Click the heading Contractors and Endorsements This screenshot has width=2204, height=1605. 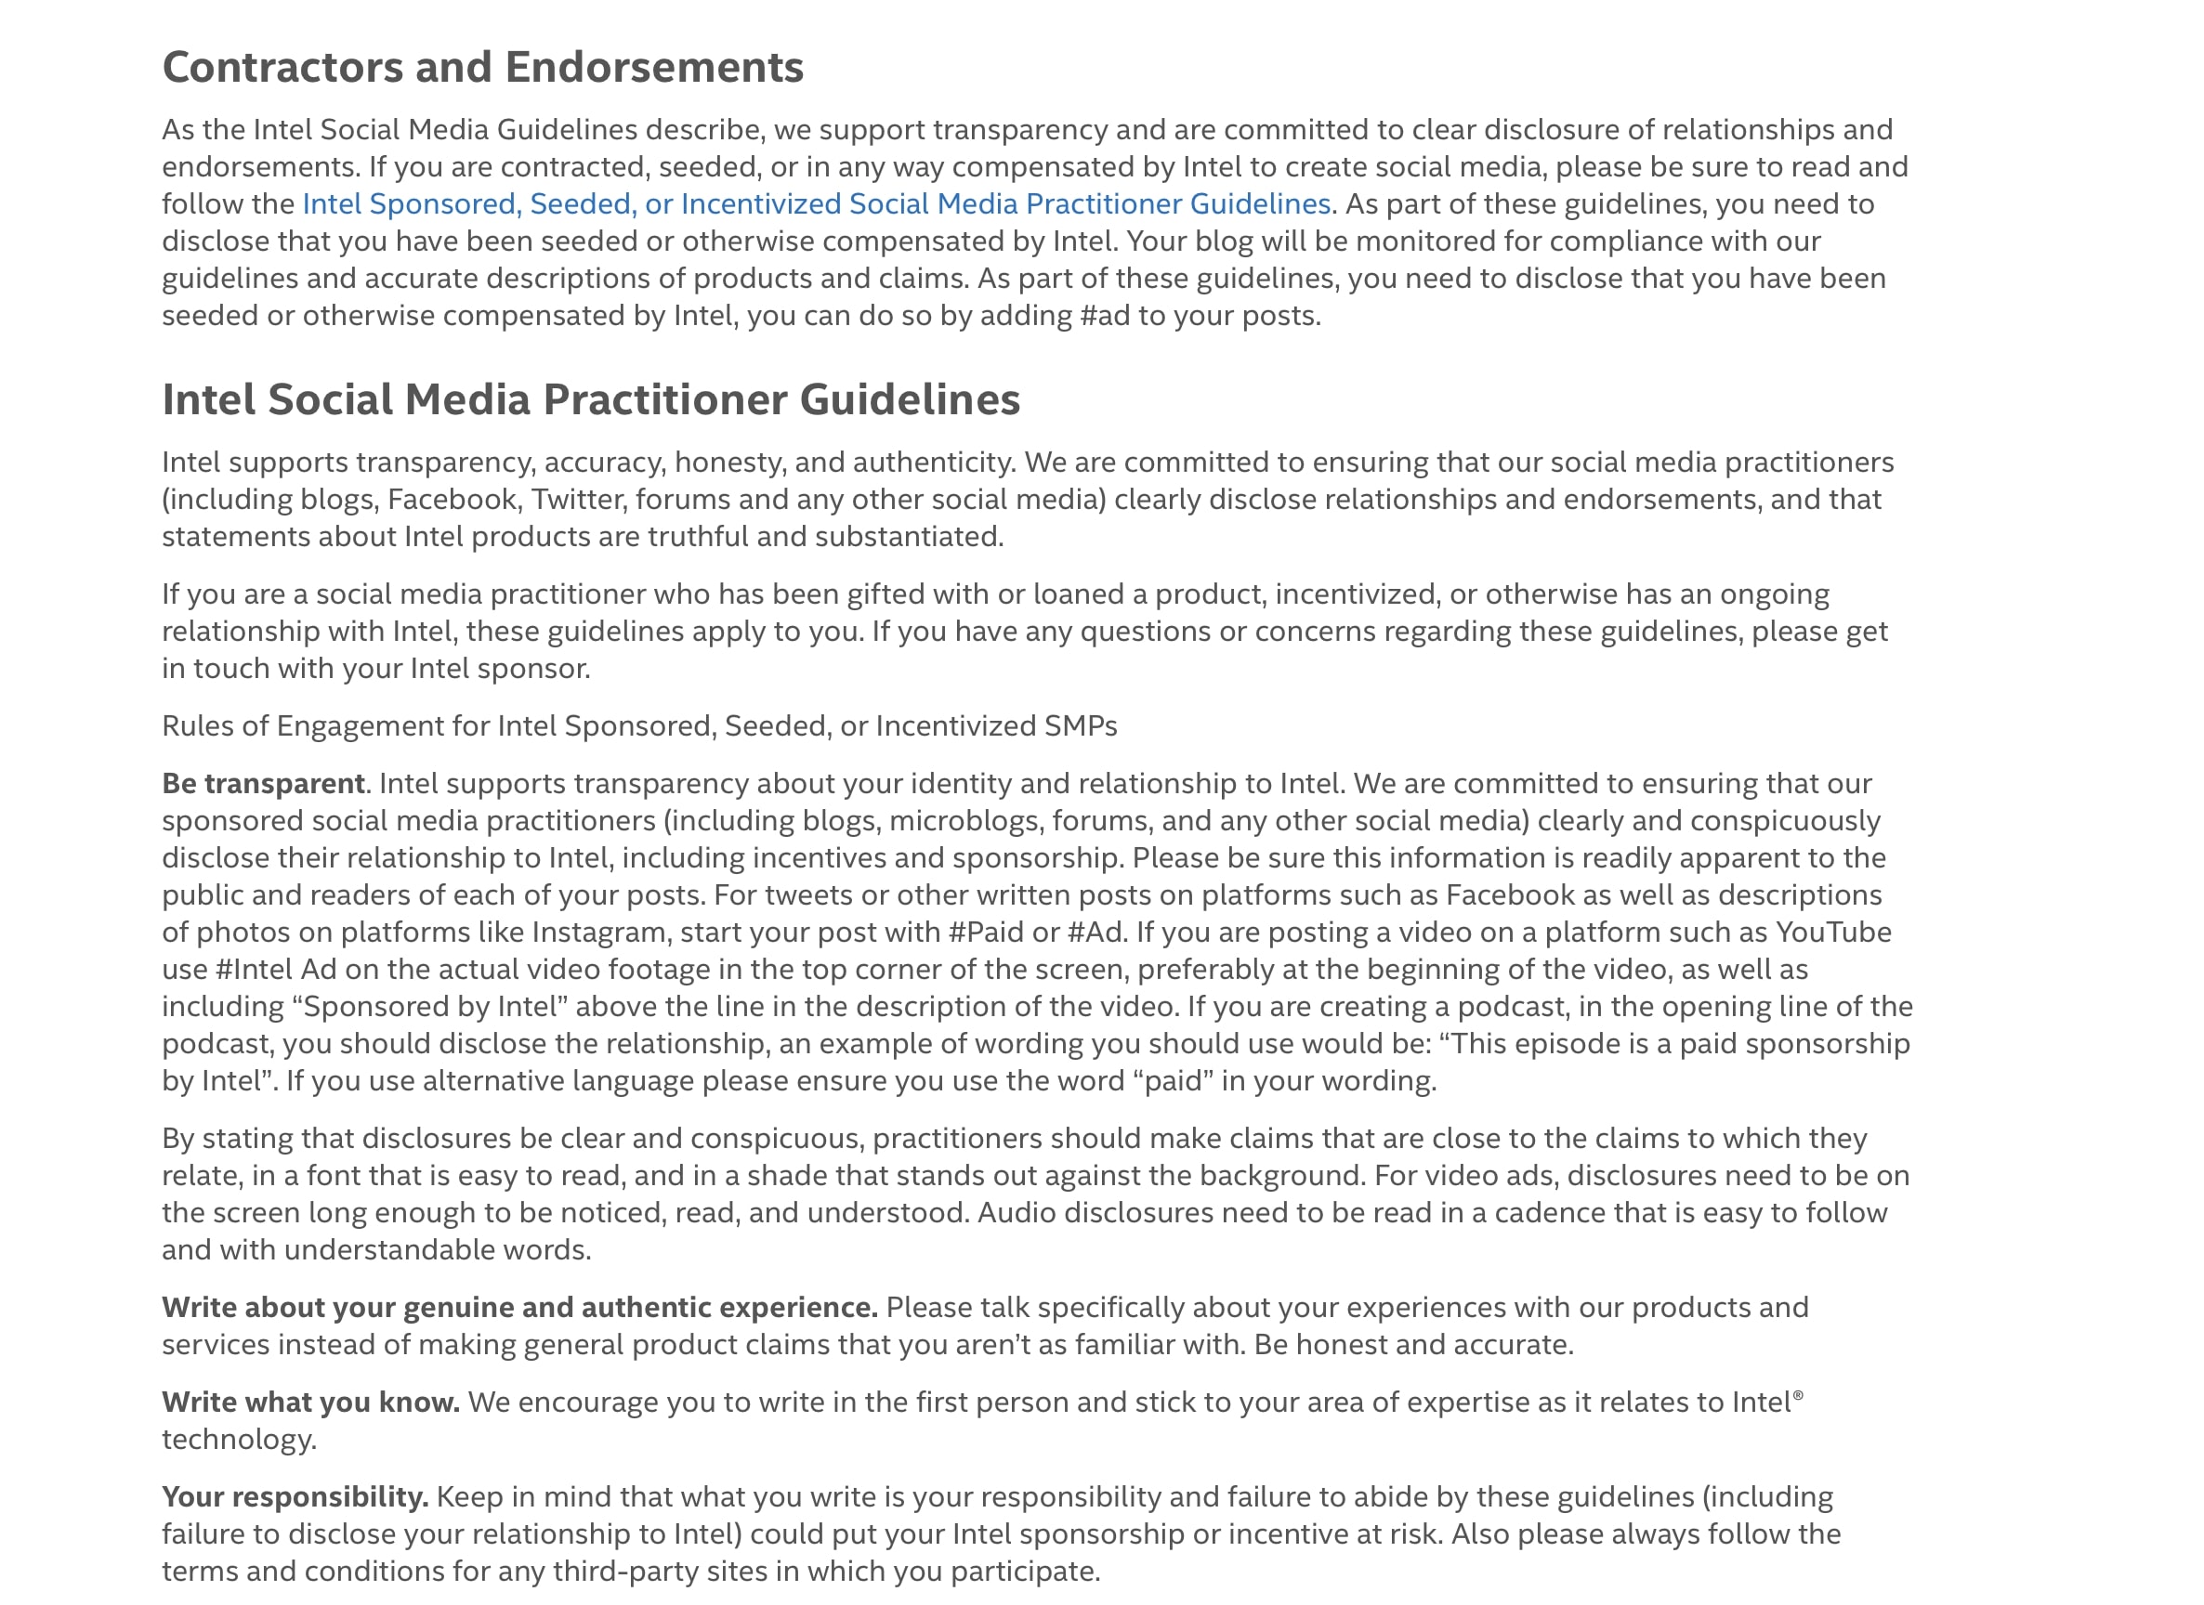point(482,67)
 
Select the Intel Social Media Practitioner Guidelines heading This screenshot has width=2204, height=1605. point(591,399)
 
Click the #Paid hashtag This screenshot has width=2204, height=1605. point(984,933)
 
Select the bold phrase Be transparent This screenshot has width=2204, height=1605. point(262,784)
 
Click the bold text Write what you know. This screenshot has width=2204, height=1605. point(311,1403)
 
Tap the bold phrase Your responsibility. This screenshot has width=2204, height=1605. point(295,1497)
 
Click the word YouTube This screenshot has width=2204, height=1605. point(1832,933)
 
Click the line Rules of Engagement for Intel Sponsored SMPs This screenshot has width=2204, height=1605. point(639,726)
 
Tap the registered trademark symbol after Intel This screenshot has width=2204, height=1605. point(1798,1395)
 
